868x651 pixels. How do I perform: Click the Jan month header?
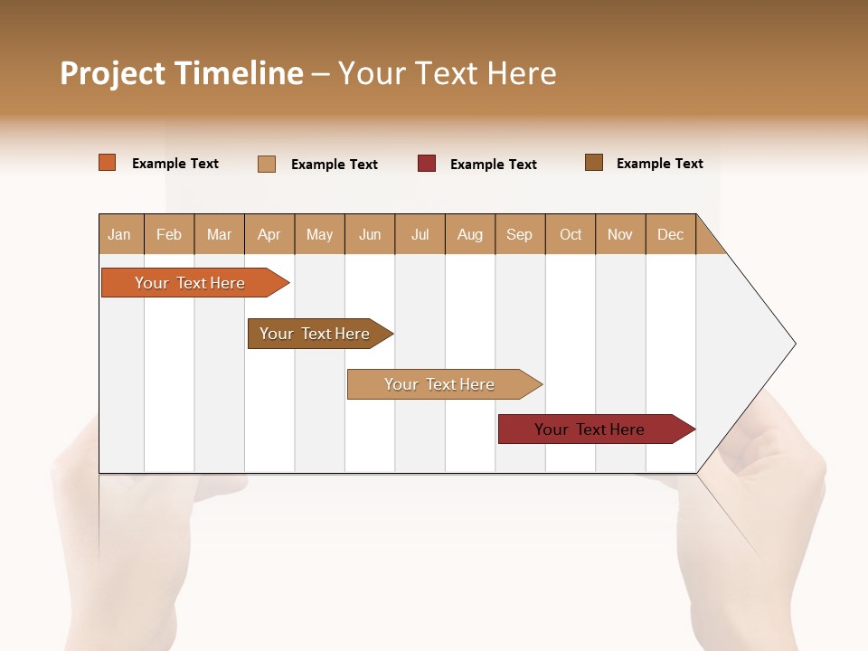pyautogui.click(x=120, y=234)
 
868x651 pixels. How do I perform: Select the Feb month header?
pyautogui.click(x=169, y=234)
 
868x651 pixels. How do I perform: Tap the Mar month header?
pyautogui.click(x=219, y=234)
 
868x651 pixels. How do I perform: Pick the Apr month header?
pyautogui.click(x=269, y=234)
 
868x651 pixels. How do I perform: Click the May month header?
pyautogui.click(x=319, y=234)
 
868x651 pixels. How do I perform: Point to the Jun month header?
pyautogui.click(x=370, y=234)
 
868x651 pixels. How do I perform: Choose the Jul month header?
pyautogui.click(x=420, y=234)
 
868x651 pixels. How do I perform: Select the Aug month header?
pyautogui.click(x=470, y=234)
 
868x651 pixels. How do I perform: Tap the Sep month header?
pyautogui.click(x=520, y=234)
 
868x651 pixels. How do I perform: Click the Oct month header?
pyautogui.click(x=571, y=234)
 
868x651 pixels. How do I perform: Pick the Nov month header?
pyautogui.click(x=620, y=234)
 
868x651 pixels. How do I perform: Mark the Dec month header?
pyautogui.click(x=670, y=234)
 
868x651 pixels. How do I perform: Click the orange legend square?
pyautogui.click(x=108, y=163)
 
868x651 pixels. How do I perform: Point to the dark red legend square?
pyautogui.click(x=427, y=164)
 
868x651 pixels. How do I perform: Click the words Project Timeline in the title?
pyautogui.click(x=182, y=73)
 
